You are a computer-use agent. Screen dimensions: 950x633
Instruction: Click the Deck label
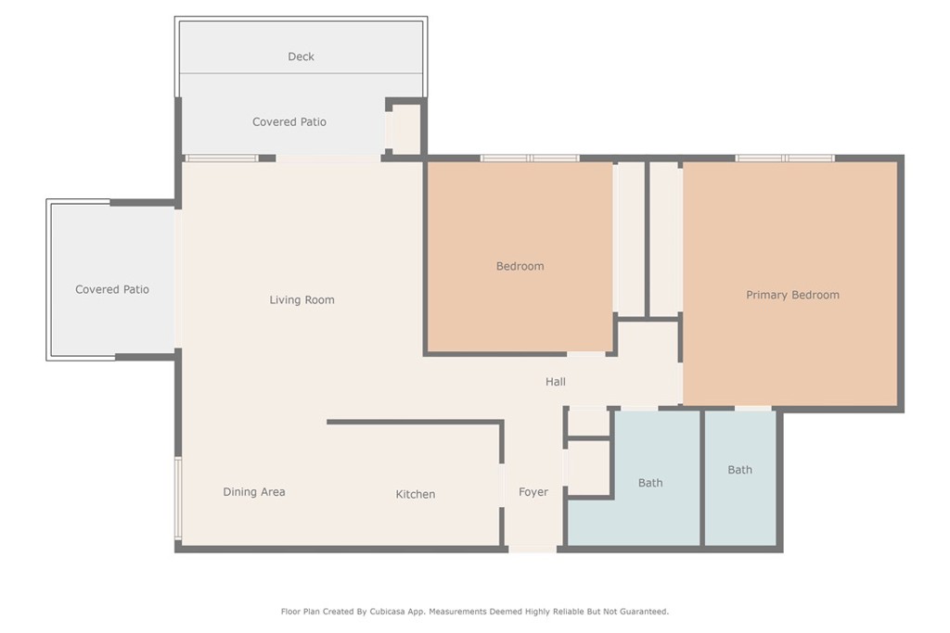click(x=301, y=57)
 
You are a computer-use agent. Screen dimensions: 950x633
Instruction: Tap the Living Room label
click(x=302, y=299)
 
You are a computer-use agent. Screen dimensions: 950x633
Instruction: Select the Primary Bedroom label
click(x=792, y=295)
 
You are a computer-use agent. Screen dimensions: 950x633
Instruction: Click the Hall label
click(x=556, y=381)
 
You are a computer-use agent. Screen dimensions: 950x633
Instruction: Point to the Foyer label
click(x=533, y=492)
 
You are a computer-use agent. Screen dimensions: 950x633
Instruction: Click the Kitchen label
click(x=415, y=494)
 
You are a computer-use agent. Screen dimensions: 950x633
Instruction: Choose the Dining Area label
click(x=254, y=492)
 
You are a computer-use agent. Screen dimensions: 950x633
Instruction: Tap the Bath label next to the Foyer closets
click(x=650, y=483)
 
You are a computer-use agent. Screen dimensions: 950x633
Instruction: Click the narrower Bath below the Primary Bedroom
click(x=739, y=470)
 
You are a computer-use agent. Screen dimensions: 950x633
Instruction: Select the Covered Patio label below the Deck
click(x=289, y=121)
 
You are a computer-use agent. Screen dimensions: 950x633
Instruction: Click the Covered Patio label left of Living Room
click(x=112, y=289)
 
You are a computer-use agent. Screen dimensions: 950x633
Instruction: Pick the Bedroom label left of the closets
click(x=520, y=266)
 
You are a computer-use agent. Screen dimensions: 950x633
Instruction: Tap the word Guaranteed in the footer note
click(x=643, y=612)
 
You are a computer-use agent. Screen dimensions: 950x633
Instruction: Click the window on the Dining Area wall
click(x=178, y=498)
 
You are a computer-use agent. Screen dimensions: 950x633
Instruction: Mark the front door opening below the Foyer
click(x=532, y=549)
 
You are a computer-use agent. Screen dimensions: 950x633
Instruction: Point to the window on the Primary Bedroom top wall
click(x=785, y=158)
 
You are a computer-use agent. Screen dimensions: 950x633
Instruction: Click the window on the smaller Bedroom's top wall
click(x=530, y=158)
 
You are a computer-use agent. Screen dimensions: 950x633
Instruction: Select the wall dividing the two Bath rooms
click(x=702, y=478)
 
